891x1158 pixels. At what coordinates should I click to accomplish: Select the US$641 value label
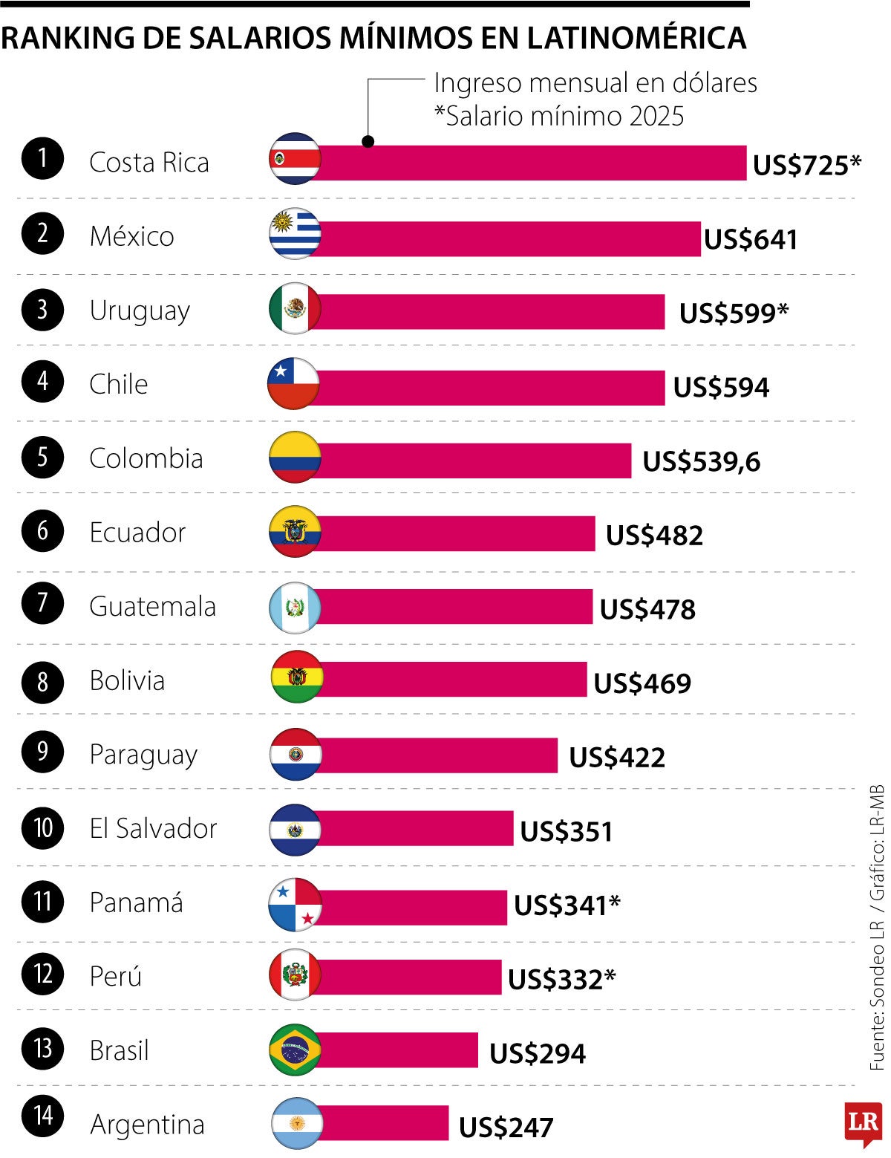pyautogui.click(x=750, y=239)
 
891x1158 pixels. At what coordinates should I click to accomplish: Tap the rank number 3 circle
pyautogui.click(x=42, y=309)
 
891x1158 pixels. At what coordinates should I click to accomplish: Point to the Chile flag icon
pyautogui.click(x=294, y=384)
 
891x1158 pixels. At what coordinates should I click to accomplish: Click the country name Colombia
pyautogui.click(x=146, y=458)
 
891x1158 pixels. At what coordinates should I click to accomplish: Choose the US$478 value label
pyautogui.click(x=647, y=609)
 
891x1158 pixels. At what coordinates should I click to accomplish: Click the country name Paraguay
pyautogui.click(x=143, y=755)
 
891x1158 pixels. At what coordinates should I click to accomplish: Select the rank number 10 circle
pyautogui.click(x=42, y=827)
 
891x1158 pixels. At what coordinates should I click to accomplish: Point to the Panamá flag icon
pyautogui.click(x=295, y=904)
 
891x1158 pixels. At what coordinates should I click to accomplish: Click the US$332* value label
pyautogui.click(x=561, y=979)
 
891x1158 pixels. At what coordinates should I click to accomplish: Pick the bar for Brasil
pyautogui.click(x=397, y=1050)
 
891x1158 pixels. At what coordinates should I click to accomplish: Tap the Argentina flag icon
pyautogui.click(x=296, y=1122)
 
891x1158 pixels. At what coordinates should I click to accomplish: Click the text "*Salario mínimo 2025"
pyautogui.click(x=558, y=116)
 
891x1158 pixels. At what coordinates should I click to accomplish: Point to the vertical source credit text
pyautogui.click(x=877, y=928)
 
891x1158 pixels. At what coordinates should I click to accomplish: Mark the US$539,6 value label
pyautogui.click(x=701, y=461)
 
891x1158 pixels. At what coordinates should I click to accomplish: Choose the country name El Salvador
pyautogui.click(x=153, y=828)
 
